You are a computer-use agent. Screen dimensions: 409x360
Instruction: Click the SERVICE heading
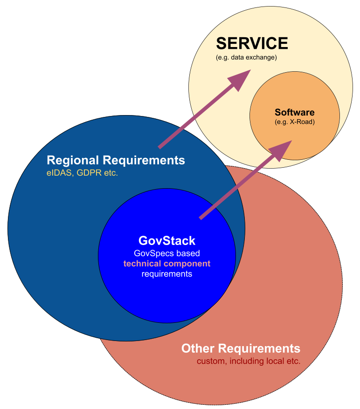[252, 44]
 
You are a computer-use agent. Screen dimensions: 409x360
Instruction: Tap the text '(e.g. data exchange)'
[246, 58]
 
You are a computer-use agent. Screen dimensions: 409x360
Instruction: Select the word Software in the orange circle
[294, 112]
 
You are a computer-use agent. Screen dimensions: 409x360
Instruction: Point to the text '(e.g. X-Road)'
[294, 122]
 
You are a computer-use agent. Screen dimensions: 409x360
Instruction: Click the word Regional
[73, 160]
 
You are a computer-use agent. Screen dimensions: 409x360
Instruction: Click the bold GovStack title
[167, 241]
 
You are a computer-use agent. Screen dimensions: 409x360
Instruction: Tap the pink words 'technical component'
[167, 264]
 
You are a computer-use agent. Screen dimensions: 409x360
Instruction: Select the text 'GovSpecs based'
[167, 253]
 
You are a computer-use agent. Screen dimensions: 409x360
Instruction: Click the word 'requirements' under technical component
[167, 274]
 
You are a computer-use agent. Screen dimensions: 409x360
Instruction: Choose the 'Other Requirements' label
[241, 348]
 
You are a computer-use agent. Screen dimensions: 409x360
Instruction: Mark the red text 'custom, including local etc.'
[249, 361]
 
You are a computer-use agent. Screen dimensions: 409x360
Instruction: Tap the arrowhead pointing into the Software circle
[281, 150]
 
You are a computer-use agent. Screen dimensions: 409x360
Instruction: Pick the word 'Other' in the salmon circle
[198, 348]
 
